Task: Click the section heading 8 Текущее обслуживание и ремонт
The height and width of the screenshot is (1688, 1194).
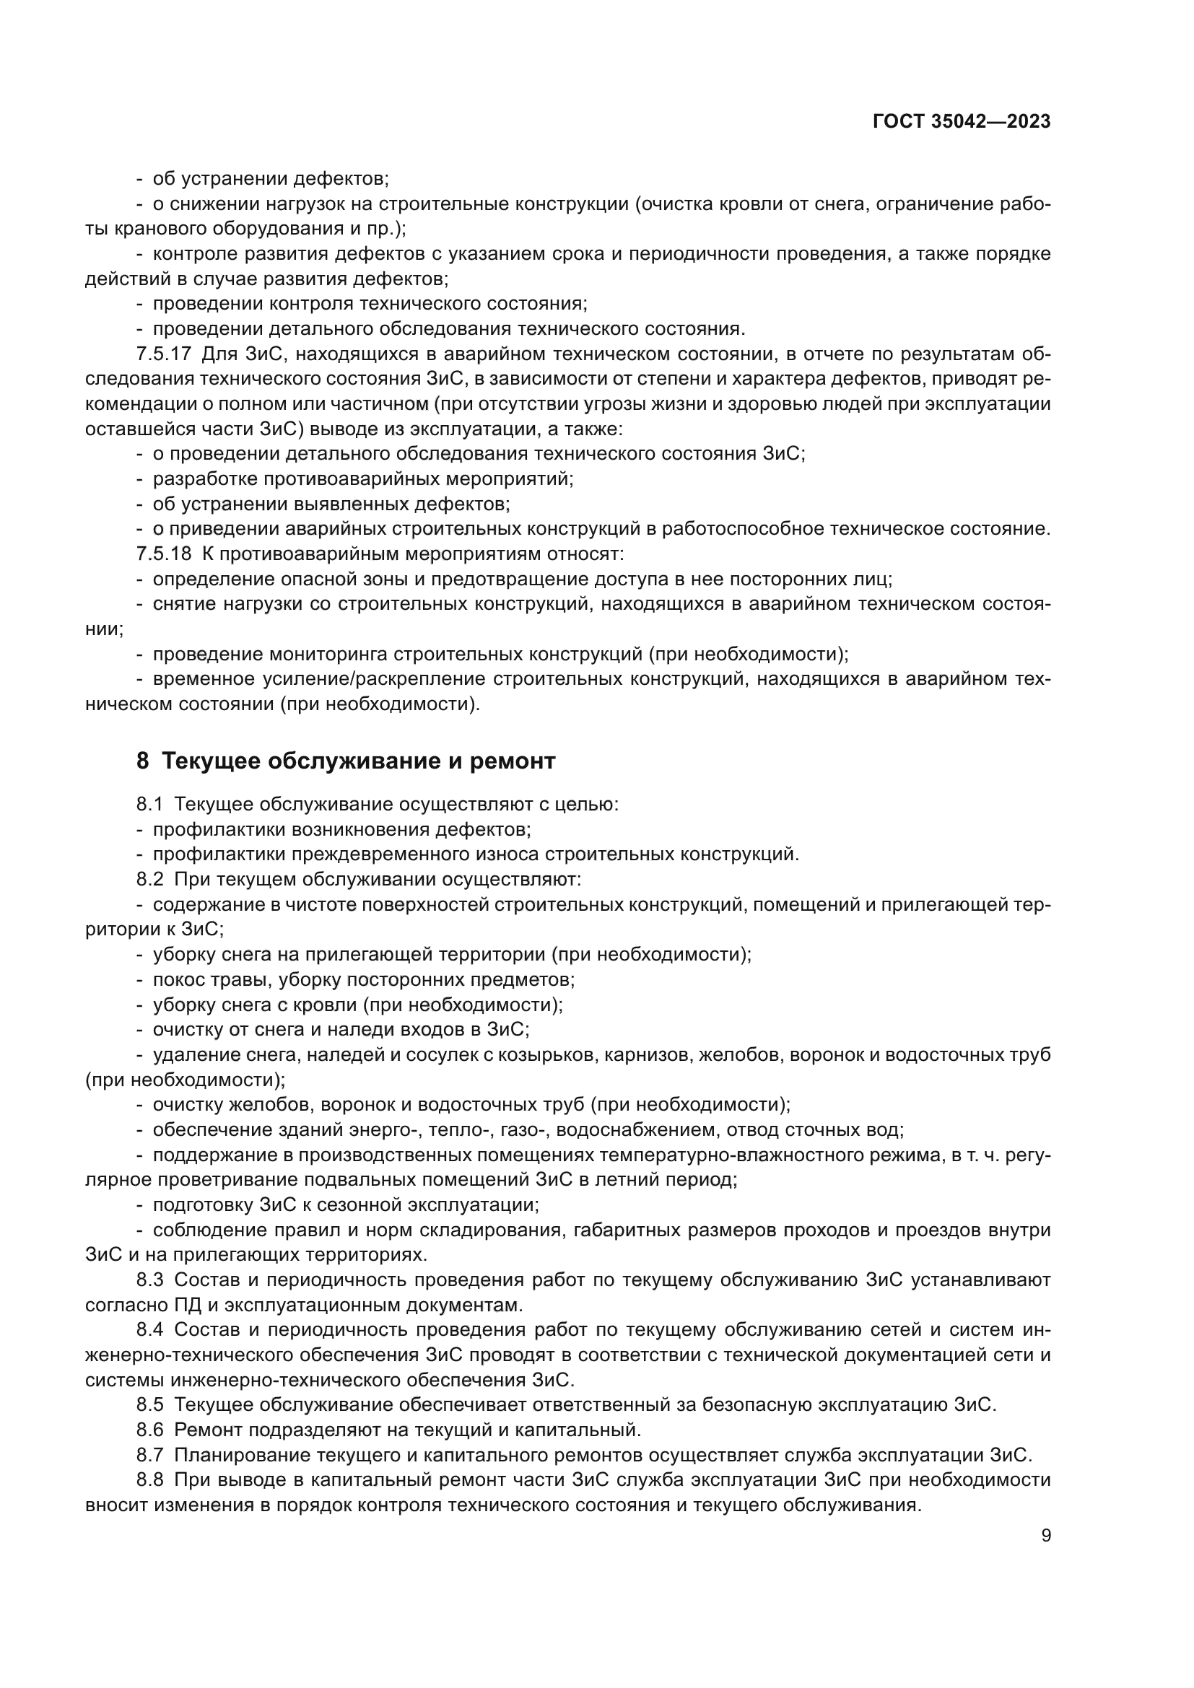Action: pyautogui.click(x=346, y=761)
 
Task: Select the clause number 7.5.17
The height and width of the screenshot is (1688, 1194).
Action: pyautogui.click(x=163, y=354)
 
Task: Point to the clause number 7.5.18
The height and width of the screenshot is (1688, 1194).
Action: pyautogui.click(x=163, y=553)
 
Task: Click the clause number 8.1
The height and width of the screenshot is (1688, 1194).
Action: pyautogui.click(x=150, y=804)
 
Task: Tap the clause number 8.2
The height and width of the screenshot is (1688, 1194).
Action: pyautogui.click(x=150, y=879)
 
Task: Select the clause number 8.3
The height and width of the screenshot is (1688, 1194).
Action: pyautogui.click(x=150, y=1280)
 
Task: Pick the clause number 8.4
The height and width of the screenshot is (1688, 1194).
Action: pyautogui.click(x=150, y=1329)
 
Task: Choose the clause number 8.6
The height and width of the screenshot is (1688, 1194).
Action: pyautogui.click(x=150, y=1429)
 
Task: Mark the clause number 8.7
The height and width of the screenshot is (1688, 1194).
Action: pyautogui.click(x=150, y=1454)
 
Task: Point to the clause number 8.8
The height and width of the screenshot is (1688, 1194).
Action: pyautogui.click(x=150, y=1479)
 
